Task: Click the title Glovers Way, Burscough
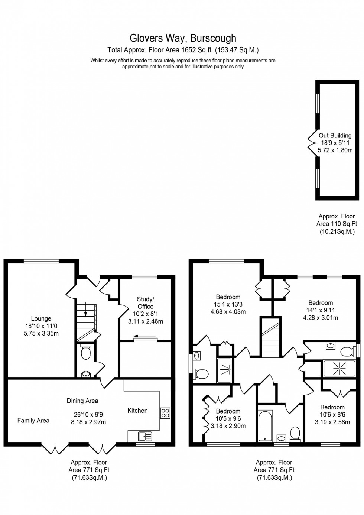click(x=182, y=38)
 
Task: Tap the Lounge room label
click(x=41, y=318)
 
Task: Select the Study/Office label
click(x=145, y=303)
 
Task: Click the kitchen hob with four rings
click(x=165, y=413)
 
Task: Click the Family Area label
click(x=33, y=420)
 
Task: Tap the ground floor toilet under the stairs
click(x=85, y=353)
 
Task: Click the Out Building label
click(x=335, y=136)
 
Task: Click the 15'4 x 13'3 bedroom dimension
click(x=228, y=304)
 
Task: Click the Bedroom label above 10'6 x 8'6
click(x=332, y=407)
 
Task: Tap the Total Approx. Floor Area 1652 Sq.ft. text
click(x=183, y=50)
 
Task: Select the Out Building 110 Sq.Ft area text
click(x=337, y=224)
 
